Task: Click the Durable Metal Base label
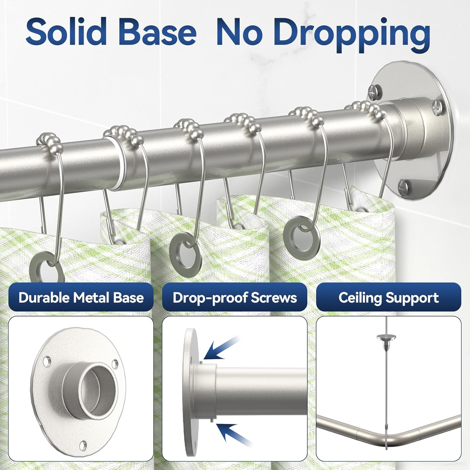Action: (81, 297)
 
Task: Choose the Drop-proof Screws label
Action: (235, 297)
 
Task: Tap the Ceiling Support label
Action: (389, 297)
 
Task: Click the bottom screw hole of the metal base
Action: (83, 444)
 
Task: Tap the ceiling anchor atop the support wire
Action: (386, 338)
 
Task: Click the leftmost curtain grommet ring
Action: (46, 270)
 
